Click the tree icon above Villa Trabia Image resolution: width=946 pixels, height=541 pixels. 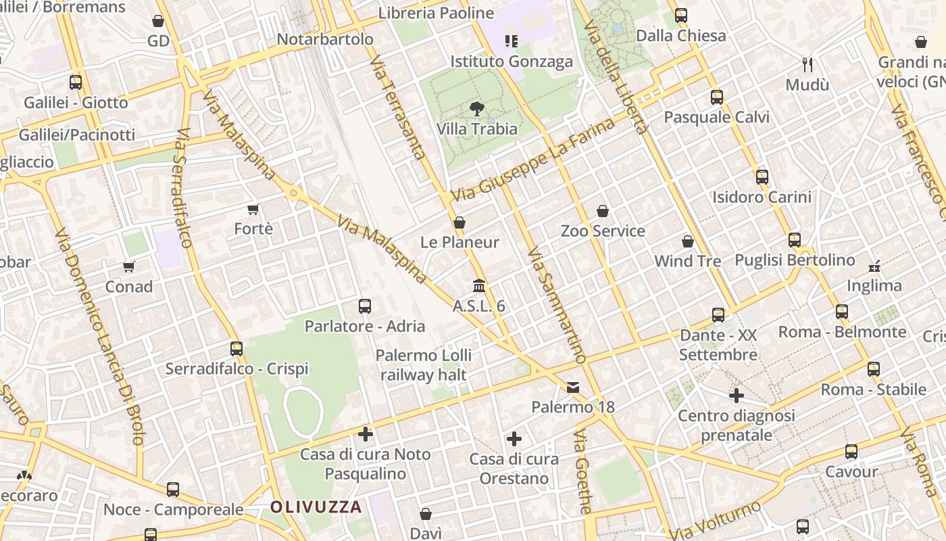pos(477,108)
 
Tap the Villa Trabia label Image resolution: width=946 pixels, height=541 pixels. pos(477,128)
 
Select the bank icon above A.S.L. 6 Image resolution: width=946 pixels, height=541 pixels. pos(479,285)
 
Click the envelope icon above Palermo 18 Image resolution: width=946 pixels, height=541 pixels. pos(573,387)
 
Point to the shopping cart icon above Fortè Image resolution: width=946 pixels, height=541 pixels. pos(253,209)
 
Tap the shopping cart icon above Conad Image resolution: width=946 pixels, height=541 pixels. pos(129,266)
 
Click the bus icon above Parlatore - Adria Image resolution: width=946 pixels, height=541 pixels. pos(365,306)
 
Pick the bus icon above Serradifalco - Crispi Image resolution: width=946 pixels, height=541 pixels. pos(236,349)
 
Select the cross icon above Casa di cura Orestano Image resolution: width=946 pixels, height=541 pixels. pos(514,440)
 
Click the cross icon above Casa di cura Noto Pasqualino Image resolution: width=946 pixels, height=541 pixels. pos(366,433)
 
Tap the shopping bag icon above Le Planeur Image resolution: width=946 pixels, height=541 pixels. pos(459,222)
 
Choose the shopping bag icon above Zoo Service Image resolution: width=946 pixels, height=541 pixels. pos(603,211)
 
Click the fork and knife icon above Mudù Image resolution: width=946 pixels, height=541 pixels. pos(807,64)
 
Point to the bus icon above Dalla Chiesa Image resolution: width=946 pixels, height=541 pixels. pos(681,15)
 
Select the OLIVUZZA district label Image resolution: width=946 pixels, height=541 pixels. pos(316,507)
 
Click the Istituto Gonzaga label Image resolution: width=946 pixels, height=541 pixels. pos(512,62)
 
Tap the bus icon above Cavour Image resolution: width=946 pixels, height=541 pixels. pos(851,452)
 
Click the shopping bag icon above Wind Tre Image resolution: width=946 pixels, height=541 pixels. pos(688,241)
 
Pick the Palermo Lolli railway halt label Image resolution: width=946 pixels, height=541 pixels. pos(424,364)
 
